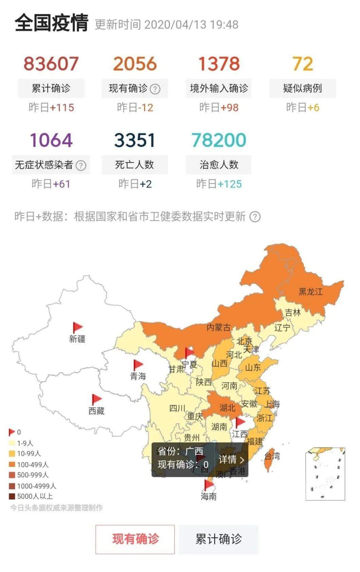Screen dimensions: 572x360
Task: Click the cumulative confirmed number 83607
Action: pyautogui.click(x=51, y=64)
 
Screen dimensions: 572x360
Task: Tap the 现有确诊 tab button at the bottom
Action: pyautogui.click(x=135, y=539)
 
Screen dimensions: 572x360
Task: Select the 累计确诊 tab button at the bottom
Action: pyautogui.click(x=219, y=539)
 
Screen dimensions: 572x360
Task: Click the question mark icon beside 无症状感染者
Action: pyautogui.click(x=81, y=165)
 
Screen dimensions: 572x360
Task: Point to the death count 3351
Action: pyautogui.click(x=134, y=140)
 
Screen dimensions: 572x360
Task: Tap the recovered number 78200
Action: pyautogui.click(x=219, y=140)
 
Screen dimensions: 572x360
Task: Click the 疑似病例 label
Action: pyautogui.click(x=302, y=88)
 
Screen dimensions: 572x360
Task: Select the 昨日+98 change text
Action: pyautogui.click(x=219, y=108)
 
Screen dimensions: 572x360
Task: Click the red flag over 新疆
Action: pyautogui.click(x=77, y=327)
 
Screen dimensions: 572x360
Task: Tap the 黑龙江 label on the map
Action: pyautogui.click(x=310, y=291)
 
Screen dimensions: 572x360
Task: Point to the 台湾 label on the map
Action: pyautogui.click(x=272, y=456)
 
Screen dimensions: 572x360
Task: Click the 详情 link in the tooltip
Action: pyautogui.click(x=231, y=460)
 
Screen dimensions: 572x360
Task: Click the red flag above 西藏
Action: pyautogui.click(x=96, y=399)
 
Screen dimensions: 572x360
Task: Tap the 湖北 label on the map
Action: pyautogui.click(x=227, y=408)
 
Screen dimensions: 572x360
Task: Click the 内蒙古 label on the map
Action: pyautogui.click(x=218, y=327)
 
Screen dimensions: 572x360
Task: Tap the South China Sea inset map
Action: pyautogui.click(x=325, y=474)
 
